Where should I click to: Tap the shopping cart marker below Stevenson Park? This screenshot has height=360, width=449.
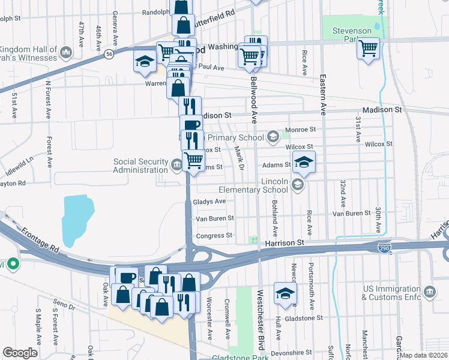pyautogui.click(x=368, y=48)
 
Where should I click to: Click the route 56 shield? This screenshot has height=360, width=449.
pyautogui.click(x=109, y=54)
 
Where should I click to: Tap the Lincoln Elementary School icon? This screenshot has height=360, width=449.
pyautogui.click(x=297, y=185)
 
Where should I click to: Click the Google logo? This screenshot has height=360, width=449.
pyautogui.click(x=20, y=353)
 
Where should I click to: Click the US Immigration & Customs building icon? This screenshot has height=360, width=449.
pyautogui.click(x=430, y=292)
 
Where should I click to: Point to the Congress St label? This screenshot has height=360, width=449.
pyautogui.click(x=214, y=236)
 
